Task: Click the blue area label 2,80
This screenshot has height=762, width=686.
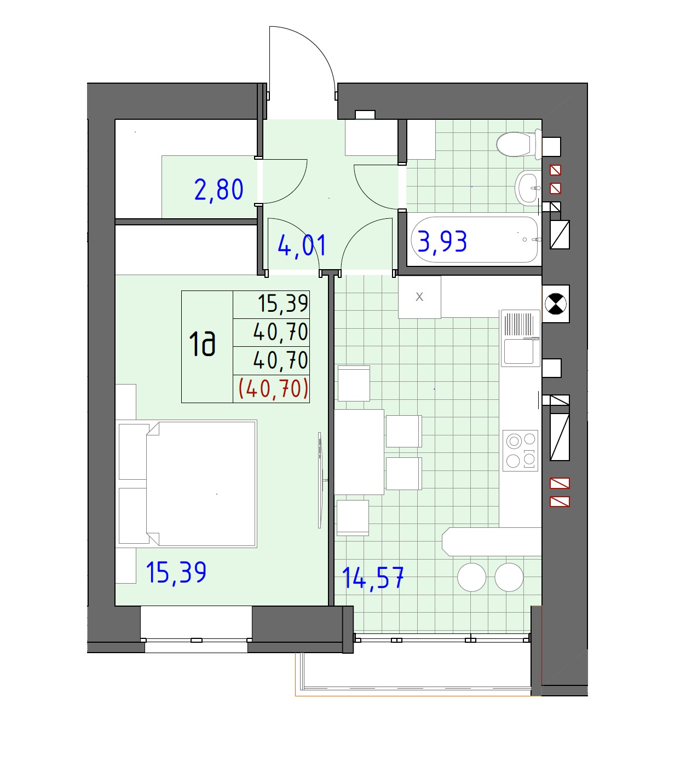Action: coord(218,190)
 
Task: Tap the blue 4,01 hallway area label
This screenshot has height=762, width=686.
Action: coord(302,246)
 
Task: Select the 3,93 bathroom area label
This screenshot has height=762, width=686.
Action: coord(442,241)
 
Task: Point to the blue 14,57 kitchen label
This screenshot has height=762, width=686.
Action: coord(373,578)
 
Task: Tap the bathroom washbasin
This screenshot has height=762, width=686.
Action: coord(528,187)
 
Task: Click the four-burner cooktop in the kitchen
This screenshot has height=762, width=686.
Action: coord(520,451)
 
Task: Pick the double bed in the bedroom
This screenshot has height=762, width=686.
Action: coord(187,484)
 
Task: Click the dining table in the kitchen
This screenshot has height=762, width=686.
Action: coord(359,452)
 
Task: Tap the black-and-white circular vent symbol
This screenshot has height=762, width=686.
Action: coord(556,304)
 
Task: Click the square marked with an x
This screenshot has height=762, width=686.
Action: coord(419,297)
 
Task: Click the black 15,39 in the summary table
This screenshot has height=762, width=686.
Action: coord(283,304)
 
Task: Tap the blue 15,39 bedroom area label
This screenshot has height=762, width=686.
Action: coord(176,572)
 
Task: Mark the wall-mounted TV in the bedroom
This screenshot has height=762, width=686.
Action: coord(321,480)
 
